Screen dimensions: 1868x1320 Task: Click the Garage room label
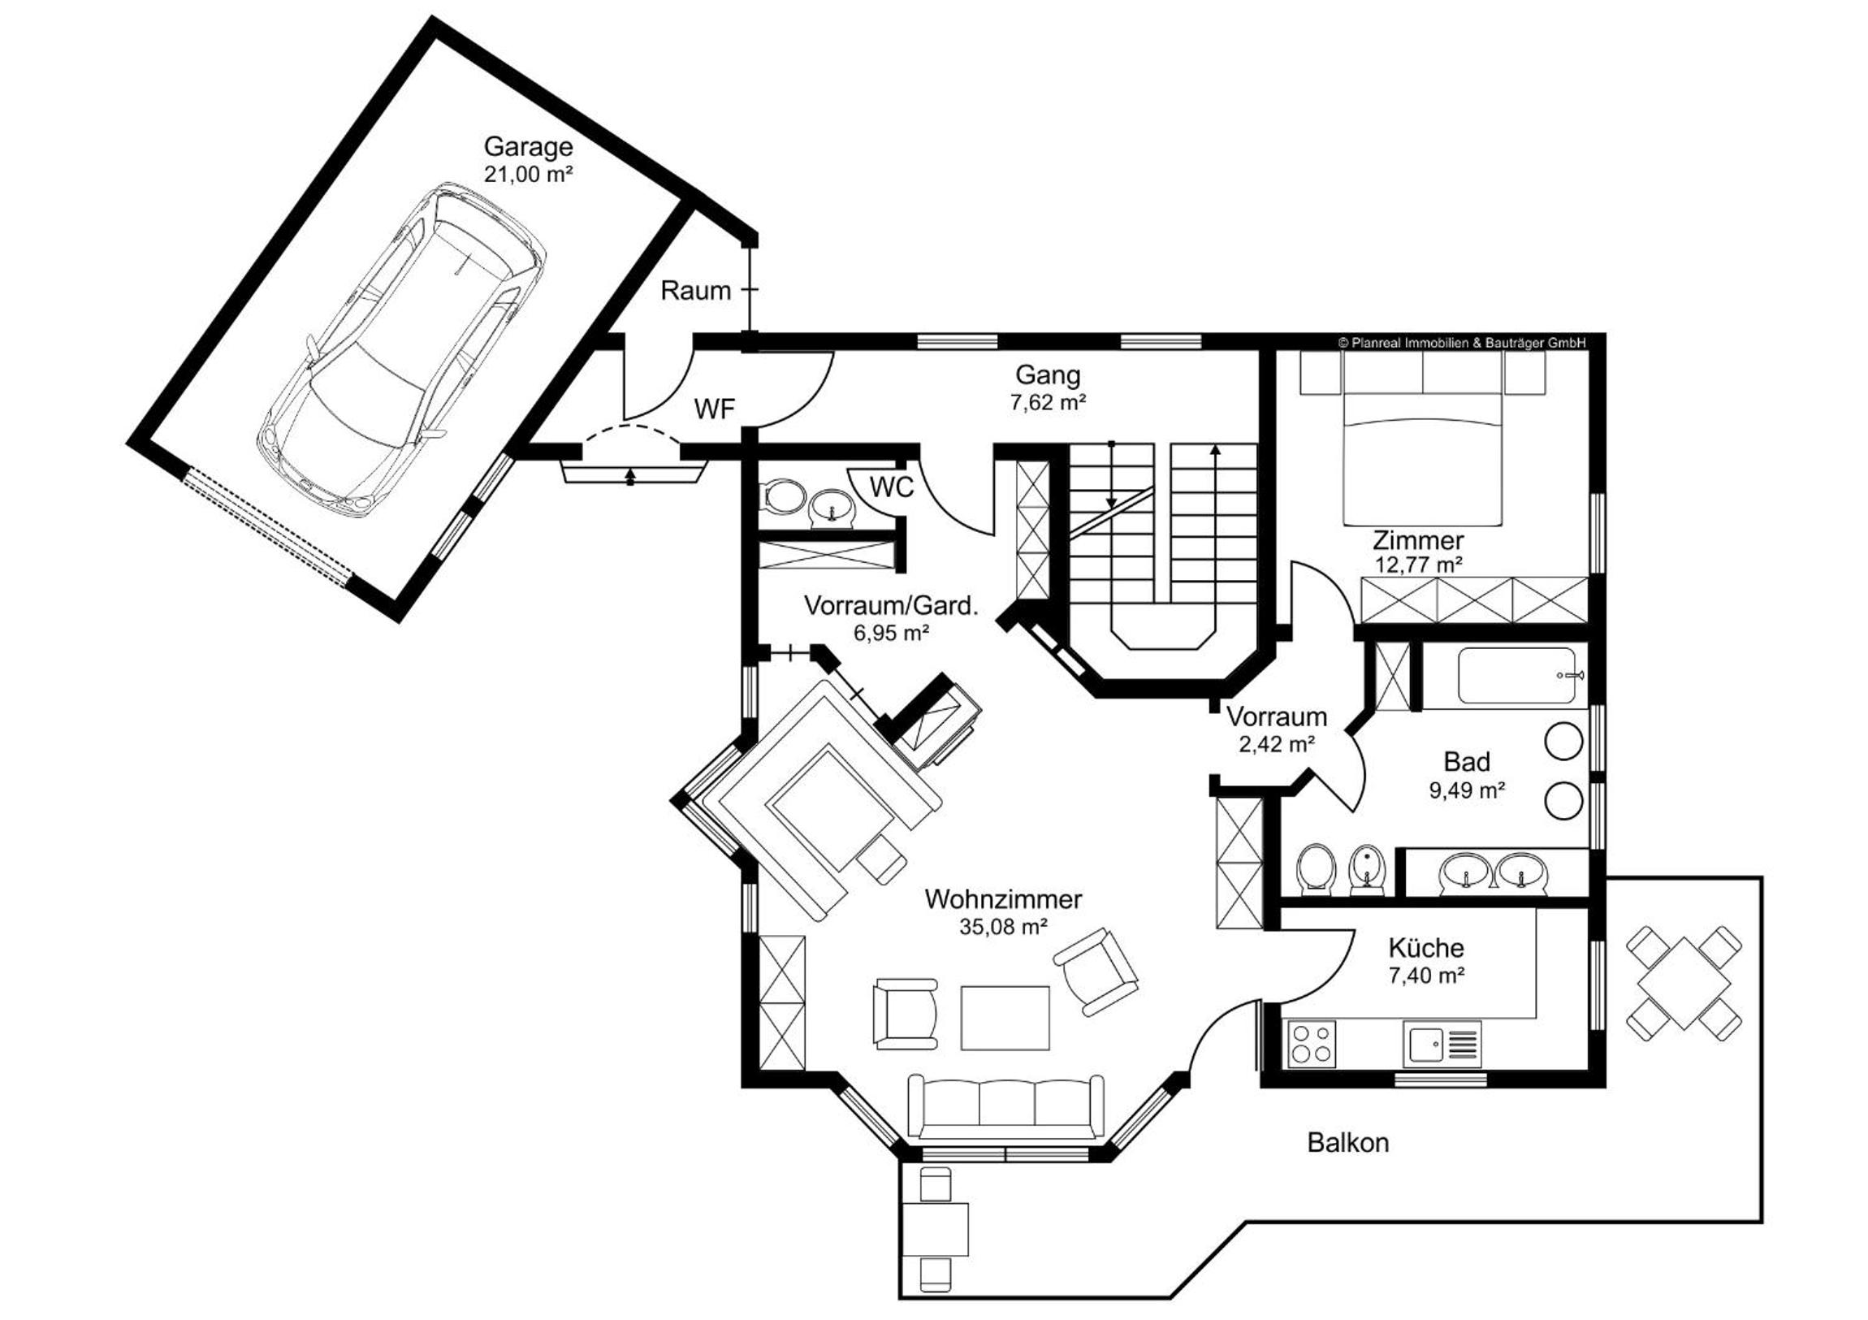point(528,146)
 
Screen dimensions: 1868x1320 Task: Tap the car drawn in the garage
point(401,349)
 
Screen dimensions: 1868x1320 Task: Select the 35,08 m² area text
point(1002,926)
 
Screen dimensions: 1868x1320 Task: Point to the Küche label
point(1425,948)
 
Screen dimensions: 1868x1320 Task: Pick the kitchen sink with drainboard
point(1442,1044)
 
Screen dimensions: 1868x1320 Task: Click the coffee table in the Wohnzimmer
point(1005,1018)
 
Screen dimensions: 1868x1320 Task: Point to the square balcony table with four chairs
point(1684,984)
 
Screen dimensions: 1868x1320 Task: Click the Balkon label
point(1347,1143)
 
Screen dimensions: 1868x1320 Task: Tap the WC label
point(892,487)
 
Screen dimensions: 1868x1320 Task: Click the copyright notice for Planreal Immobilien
point(1462,344)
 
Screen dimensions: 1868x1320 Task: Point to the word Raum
point(695,291)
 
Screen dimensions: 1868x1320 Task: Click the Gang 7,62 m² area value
point(1048,402)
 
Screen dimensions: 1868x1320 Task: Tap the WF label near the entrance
point(715,409)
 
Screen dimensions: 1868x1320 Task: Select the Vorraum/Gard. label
point(891,605)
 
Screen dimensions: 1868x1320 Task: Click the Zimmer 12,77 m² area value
point(1419,564)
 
